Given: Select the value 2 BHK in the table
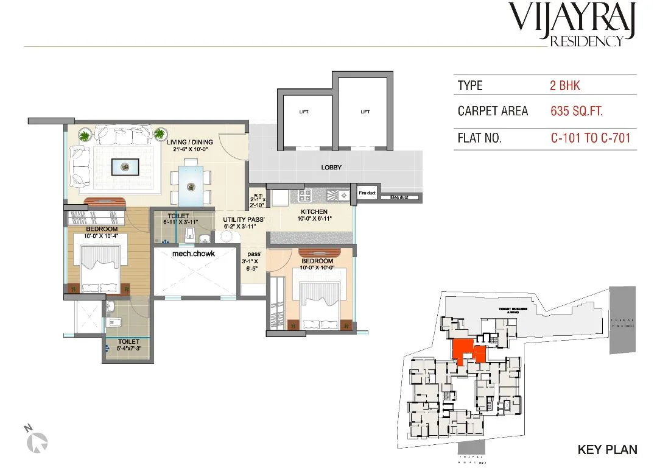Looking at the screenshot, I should [x=564, y=85].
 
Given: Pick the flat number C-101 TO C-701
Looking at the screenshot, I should [x=590, y=138].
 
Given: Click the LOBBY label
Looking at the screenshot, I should [x=331, y=167].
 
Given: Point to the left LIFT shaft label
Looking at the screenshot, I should [x=303, y=112].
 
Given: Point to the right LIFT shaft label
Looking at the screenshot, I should [x=365, y=112].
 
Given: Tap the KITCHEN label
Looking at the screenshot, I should [x=313, y=211].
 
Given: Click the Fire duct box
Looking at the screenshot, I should [x=367, y=193].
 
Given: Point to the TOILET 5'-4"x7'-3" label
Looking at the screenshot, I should [x=128, y=346].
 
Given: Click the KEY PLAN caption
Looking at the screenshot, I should [x=606, y=450].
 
